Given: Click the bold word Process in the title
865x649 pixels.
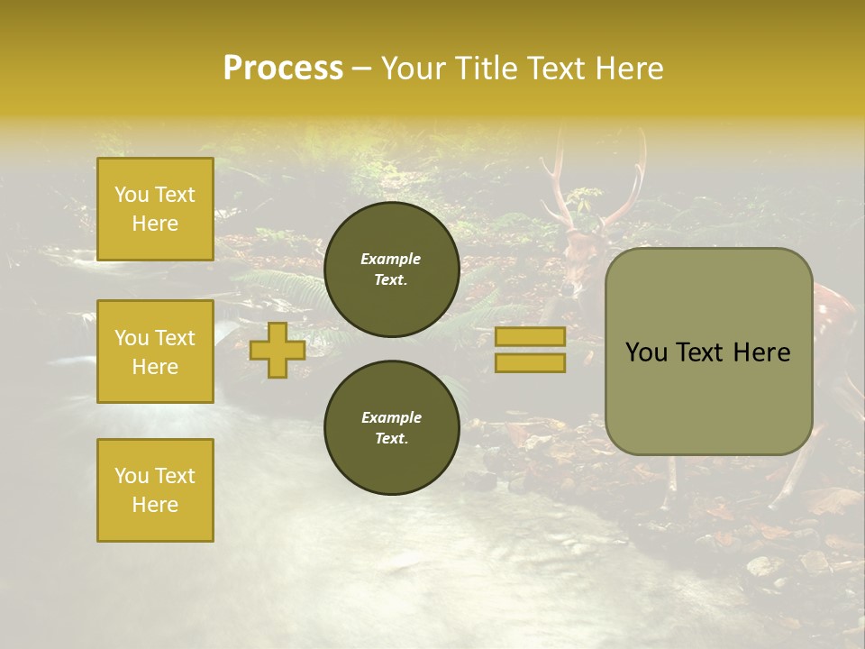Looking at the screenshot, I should [x=283, y=69].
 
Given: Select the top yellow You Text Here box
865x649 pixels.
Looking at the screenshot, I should [x=155, y=209].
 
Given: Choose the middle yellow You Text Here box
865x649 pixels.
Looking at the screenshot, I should [x=155, y=352].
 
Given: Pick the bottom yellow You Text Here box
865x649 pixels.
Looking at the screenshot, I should [x=155, y=489].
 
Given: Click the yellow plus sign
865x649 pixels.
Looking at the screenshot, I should [x=277, y=350].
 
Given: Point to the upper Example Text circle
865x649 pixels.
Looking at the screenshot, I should [x=391, y=269].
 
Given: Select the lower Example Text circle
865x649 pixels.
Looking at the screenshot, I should [x=391, y=427].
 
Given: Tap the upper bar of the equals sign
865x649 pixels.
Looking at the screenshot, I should [x=530, y=336].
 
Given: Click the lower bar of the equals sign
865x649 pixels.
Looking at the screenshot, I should [x=530, y=362].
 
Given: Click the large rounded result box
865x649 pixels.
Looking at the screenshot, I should [x=708, y=352].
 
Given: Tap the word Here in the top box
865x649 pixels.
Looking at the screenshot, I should [x=155, y=224].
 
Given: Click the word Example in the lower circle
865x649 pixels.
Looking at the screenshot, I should [x=391, y=417].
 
